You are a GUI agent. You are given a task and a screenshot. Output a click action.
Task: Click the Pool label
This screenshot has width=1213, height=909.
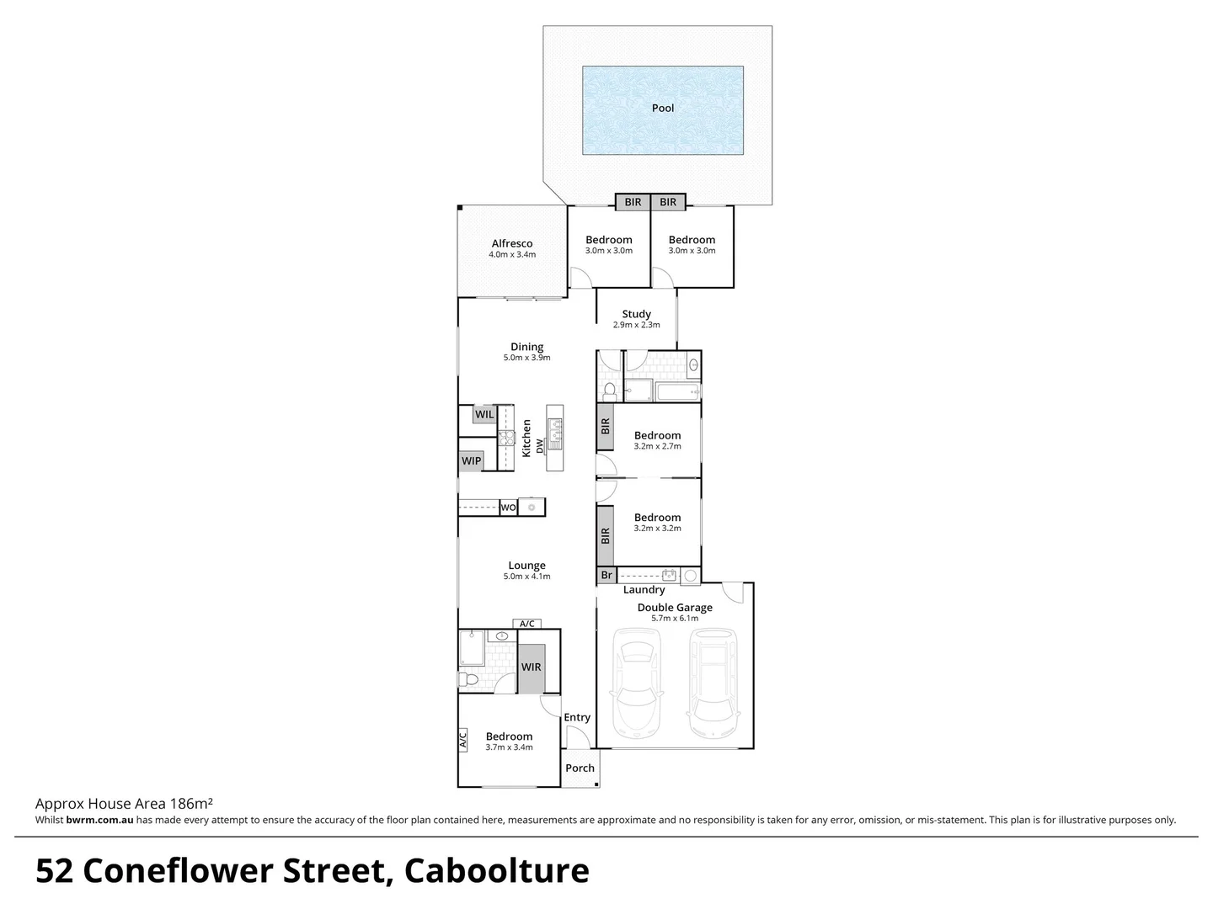tap(663, 108)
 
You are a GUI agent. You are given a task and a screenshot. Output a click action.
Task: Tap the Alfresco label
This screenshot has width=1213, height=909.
tap(512, 243)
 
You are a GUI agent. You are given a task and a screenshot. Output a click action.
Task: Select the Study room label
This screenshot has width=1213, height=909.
tap(636, 314)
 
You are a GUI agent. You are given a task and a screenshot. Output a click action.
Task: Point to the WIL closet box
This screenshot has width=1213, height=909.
tap(484, 414)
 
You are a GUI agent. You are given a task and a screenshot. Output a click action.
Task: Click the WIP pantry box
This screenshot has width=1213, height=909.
tap(471, 460)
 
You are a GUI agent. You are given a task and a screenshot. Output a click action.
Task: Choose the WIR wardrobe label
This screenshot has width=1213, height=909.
tap(531, 667)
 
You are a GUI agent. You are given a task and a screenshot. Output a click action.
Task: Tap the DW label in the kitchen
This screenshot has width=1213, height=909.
tap(539, 450)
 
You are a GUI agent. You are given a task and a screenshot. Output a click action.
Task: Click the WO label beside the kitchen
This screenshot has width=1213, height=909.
tap(508, 508)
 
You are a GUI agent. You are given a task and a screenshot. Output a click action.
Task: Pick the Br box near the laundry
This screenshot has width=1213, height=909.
tap(606, 576)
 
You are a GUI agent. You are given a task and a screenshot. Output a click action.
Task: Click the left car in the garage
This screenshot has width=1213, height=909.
tap(637, 681)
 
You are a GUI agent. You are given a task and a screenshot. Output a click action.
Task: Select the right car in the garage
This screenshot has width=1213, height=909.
tap(713, 681)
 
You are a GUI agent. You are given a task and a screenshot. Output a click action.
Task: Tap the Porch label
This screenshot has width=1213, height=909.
tap(580, 768)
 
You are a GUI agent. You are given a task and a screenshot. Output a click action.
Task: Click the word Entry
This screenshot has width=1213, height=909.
tap(577, 717)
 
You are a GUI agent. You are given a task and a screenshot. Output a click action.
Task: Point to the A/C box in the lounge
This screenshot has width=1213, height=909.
tap(527, 624)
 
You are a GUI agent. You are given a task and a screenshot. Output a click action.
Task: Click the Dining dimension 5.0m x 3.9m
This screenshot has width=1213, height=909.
tap(526, 358)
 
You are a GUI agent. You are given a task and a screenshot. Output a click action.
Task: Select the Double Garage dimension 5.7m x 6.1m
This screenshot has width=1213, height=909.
tap(675, 618)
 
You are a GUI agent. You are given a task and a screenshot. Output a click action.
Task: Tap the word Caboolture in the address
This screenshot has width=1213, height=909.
tap(497, 871)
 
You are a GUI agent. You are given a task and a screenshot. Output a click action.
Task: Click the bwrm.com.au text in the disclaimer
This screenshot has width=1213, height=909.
tap(99, 820)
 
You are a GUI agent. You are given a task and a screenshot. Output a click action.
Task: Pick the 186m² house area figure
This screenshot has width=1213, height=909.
tap(191, 804)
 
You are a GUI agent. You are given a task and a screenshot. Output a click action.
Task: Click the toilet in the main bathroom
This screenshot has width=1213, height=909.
tap(610, 391)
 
